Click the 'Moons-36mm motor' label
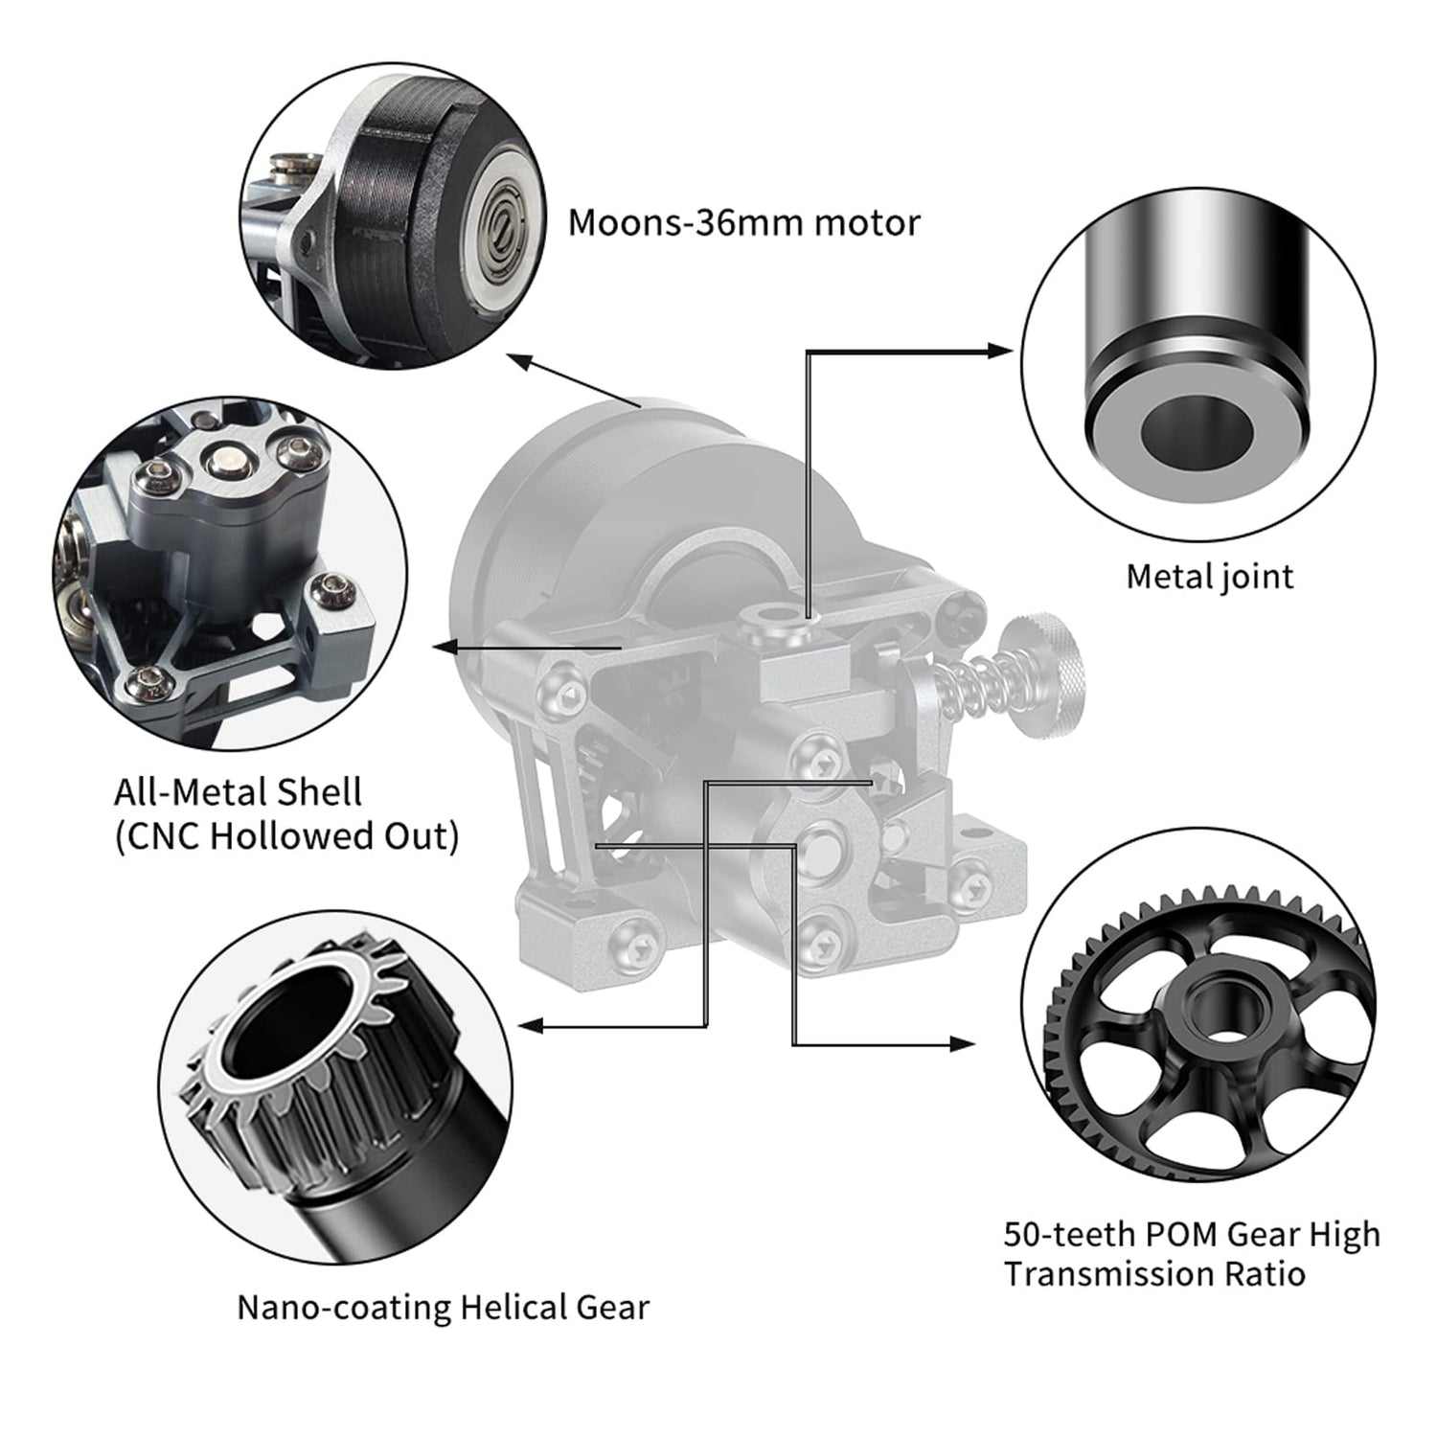point(744,223)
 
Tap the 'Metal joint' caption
point(1210,577)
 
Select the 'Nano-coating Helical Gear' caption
point(444,1307)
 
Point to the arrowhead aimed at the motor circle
point(518,361)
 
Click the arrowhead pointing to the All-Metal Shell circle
point(445,649)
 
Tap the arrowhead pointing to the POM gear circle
point(964,1043)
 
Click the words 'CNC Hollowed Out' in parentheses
point(287,836)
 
